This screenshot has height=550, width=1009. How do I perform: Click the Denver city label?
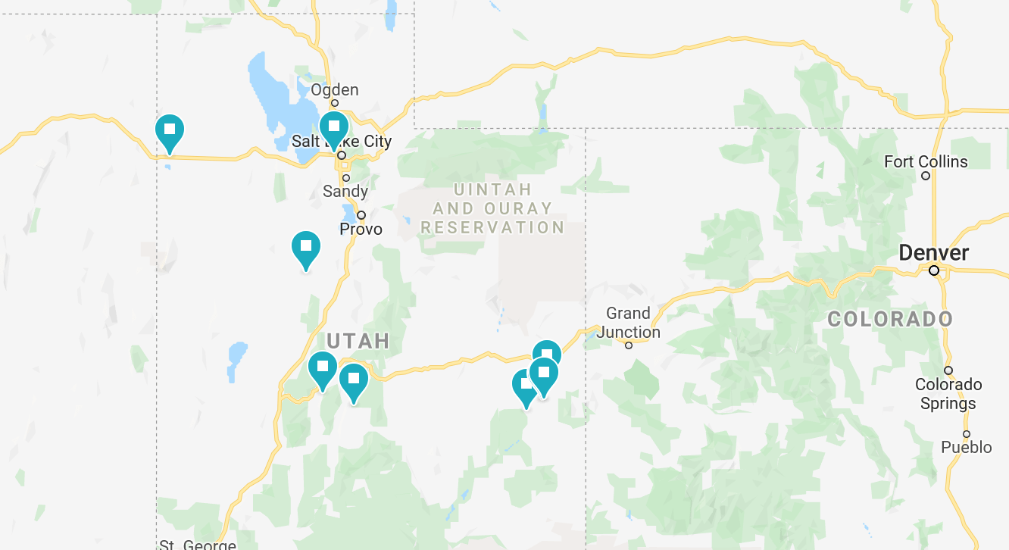point(933,252)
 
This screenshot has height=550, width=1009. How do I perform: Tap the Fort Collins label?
point(926,161)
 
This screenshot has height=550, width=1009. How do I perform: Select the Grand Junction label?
point(628,322)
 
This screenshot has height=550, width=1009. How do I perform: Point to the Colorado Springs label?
point(948,394)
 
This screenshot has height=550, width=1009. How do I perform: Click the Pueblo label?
point(966,448)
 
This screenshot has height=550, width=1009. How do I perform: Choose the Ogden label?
point(334,90)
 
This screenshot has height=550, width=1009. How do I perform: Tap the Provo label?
point(361,229)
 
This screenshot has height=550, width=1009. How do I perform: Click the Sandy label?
point(345,191)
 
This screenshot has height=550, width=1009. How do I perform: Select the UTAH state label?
point(358,341)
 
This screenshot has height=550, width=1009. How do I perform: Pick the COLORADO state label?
point(889,319)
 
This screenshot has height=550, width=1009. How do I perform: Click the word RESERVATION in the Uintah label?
point(492,227)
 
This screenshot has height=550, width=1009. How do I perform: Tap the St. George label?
point(198,544)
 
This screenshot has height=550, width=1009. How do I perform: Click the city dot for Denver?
point(934,270)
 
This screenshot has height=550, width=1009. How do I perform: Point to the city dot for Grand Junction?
point(628,345)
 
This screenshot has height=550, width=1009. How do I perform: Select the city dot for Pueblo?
point(967,434)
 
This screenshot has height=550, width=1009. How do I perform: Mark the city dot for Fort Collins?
point(926,176)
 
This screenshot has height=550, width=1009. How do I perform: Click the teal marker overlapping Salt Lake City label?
point(333,127)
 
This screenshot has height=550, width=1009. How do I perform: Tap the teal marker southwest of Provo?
point(305,248)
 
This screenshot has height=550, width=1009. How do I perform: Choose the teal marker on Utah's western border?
point(170,130)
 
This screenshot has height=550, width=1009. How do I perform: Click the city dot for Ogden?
point(334,103)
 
